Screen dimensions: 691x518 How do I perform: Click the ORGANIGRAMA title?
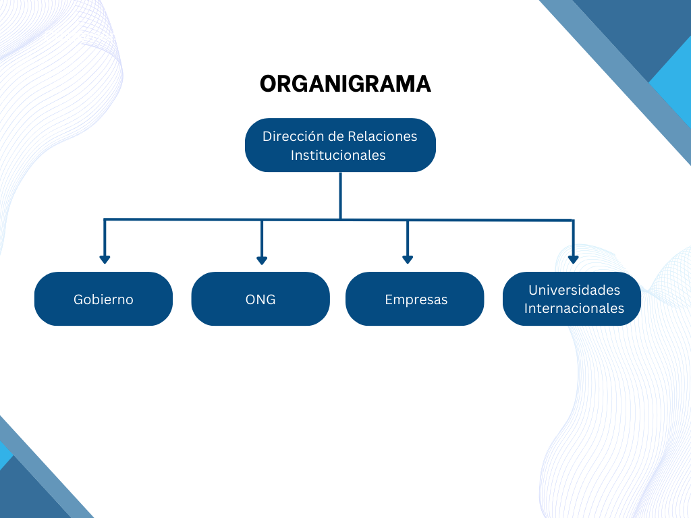(345, 84)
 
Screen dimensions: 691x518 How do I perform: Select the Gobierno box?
(103, 299)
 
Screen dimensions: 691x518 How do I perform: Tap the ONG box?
(260, 299)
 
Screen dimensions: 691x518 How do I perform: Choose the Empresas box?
(415, 299)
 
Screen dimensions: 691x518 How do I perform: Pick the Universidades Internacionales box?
(572, 299)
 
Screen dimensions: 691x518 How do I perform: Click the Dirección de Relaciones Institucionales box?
(340, 145)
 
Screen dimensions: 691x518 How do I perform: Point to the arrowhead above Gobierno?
(105, 260)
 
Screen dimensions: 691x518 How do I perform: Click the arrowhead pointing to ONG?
(262, 260)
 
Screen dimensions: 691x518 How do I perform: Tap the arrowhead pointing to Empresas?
(408, 260)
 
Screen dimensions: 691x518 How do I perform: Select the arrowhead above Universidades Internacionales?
(574, 260)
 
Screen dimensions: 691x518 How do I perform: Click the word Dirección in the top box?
(293, 136)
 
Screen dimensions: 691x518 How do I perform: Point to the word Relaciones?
(383, 136)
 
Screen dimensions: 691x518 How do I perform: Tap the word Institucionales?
(338, 155)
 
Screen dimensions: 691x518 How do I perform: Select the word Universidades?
(574, 290)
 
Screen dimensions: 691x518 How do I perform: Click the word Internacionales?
(574, 308)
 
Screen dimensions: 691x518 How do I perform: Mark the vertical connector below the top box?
(341, 196)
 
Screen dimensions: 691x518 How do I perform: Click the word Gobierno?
(103, 299)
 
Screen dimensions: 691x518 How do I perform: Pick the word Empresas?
(416, 299)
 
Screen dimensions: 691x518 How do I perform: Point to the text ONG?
(260, 299)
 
